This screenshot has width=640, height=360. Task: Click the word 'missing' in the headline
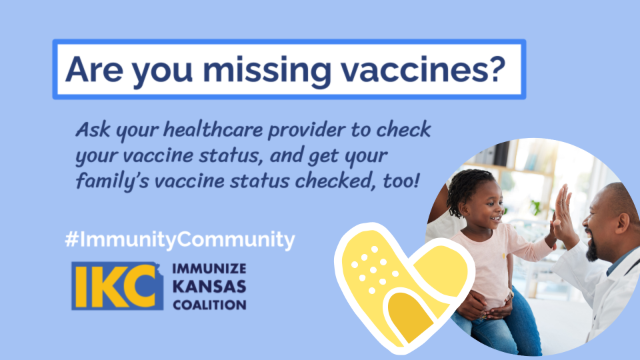coord(267,69)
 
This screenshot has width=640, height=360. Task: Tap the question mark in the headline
coord(495,68)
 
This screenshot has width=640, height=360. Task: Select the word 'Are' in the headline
coord(94,69)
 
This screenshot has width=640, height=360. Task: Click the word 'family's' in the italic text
coord(112,181)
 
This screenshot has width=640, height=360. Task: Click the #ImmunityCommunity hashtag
coord(180,239)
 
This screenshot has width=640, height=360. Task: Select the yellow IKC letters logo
coord(117,286)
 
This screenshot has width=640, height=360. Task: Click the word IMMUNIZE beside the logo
coord(209,269)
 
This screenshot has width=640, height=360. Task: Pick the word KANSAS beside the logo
coord(209,287)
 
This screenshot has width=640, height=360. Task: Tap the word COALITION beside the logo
coord(209,305)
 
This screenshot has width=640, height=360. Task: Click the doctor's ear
coord(623,224)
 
